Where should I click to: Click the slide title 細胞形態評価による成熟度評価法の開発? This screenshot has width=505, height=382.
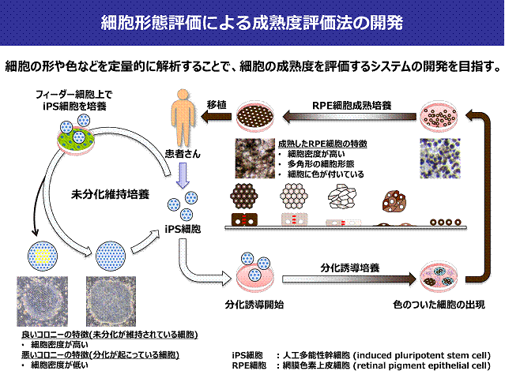(x=252, y=22)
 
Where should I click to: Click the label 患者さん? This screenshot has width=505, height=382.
(x=182, y=155)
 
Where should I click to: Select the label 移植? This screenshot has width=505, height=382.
(x=217, y=104)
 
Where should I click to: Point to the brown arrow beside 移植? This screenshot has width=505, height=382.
(x=213, y=118)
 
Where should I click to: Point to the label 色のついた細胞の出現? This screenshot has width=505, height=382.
(x=432, y=303)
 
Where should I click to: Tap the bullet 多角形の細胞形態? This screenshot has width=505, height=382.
(x=324, y=164)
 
